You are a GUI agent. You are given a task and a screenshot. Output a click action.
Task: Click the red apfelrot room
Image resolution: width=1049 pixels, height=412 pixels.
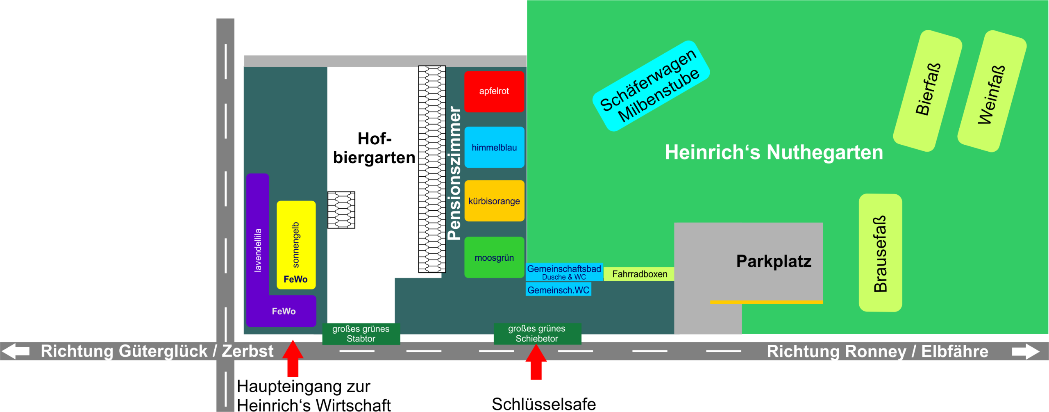click(494, 91)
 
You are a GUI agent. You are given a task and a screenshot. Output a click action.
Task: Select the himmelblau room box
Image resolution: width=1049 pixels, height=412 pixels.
click(494, 147)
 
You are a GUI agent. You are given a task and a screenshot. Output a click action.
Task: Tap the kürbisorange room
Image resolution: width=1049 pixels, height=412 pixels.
click(494, 201)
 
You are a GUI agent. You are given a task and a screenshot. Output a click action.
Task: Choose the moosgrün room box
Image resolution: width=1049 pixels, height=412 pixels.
click(494, 257)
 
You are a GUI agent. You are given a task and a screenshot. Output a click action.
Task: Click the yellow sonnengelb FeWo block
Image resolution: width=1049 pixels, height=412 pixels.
click(296, 245)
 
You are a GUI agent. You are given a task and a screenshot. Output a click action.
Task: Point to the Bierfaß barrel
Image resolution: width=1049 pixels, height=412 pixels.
click(928, 91)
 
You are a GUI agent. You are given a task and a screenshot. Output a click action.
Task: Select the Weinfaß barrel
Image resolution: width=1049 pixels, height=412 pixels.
click(992, 91)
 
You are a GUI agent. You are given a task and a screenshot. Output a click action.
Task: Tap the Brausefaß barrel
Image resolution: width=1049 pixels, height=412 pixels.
click(881, 253)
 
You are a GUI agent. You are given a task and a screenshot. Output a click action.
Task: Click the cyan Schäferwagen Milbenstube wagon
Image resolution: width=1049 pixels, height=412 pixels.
click(651, 86)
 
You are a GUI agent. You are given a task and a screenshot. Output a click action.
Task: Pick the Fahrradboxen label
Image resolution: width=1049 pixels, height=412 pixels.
click(639, 274)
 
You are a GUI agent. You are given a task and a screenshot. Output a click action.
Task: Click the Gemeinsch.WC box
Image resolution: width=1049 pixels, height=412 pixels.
click(559, 290)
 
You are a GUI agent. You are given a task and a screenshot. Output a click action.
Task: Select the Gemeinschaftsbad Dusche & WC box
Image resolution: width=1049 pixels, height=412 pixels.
click(564, 272)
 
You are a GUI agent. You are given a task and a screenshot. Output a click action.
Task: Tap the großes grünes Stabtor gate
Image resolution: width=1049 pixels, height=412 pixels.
click(361, 334)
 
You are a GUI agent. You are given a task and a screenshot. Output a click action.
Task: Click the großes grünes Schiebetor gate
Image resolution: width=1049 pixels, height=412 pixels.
click(537, 334)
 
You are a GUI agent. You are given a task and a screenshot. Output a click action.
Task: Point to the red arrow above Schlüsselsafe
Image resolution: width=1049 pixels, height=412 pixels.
click(536, 362)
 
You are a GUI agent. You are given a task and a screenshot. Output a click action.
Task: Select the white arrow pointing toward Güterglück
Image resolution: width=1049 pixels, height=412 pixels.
click(16, 351)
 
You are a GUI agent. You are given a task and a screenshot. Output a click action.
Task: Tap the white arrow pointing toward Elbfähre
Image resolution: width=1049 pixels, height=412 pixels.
click(1026, 351)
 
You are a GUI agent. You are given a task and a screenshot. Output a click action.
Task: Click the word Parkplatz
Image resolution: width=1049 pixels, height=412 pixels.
click(774, 261)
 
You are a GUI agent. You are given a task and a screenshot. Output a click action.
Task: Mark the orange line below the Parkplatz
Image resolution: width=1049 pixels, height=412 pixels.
click(767, 302)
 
